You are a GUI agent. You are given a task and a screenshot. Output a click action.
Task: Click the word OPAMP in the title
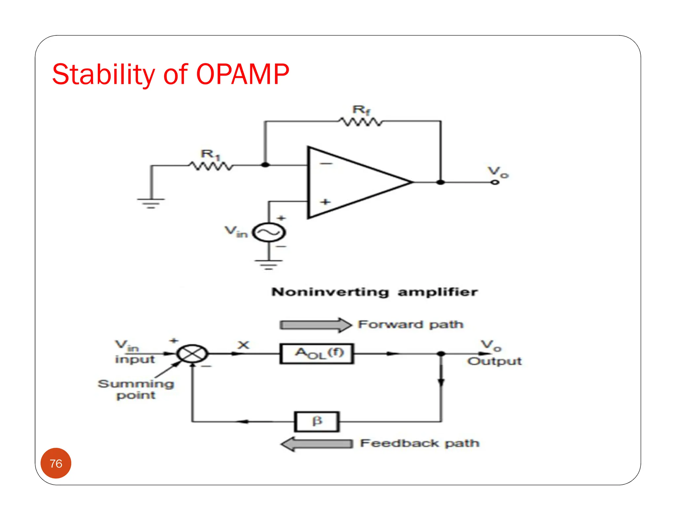243,74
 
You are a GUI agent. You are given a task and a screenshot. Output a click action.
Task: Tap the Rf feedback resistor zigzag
361,122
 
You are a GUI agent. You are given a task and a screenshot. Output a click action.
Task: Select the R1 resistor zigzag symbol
211,166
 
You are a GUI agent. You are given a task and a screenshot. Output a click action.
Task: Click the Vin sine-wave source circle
269,233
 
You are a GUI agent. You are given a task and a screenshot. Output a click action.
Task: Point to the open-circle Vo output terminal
494,182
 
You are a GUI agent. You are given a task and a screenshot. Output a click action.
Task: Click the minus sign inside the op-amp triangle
326,164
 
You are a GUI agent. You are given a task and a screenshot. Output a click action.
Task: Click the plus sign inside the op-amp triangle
325,202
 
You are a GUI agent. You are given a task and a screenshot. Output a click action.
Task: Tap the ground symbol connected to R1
151,203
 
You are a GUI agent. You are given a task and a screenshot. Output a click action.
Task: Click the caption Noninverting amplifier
374,292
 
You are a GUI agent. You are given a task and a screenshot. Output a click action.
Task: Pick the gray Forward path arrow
315,325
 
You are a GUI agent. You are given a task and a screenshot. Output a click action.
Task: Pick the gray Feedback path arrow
317,444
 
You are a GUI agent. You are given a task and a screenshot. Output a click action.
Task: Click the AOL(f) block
317,354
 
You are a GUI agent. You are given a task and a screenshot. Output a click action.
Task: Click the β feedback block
317,421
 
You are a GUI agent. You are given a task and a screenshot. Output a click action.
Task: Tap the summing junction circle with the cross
192,354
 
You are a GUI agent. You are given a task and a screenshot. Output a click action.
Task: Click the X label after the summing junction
243,345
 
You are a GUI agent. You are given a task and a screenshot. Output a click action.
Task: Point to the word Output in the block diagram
494,361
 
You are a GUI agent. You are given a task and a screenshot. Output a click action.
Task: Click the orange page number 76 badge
56,463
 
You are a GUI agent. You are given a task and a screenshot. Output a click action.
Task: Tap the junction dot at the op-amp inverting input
265,165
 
